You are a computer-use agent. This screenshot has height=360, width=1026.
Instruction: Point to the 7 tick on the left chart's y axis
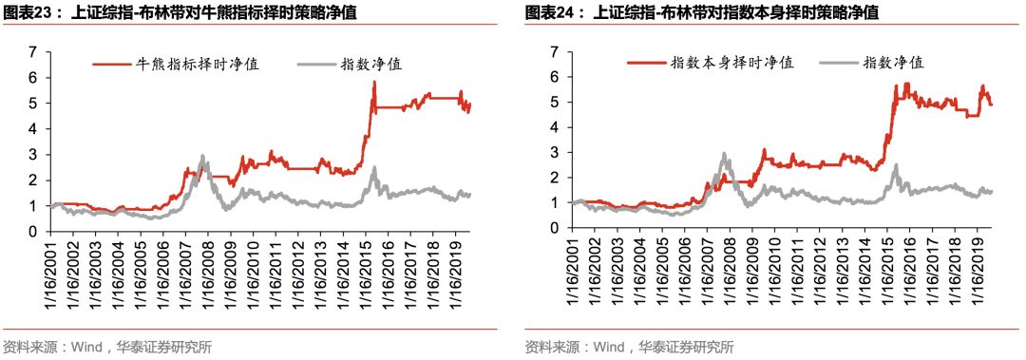[x=32, y=52]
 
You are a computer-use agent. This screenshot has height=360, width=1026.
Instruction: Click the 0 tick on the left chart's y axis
[x=32, y=231]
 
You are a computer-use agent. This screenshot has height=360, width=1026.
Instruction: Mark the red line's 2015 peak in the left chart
[x=374, y=83]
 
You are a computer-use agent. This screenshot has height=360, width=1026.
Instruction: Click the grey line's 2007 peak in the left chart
[x=202, y=156]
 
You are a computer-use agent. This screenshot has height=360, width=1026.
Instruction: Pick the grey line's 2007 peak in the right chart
[x=724, y=153]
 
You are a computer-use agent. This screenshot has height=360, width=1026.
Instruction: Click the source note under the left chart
[x=107, y=347]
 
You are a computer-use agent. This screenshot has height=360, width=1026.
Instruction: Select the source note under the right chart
[x=629, y=347]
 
